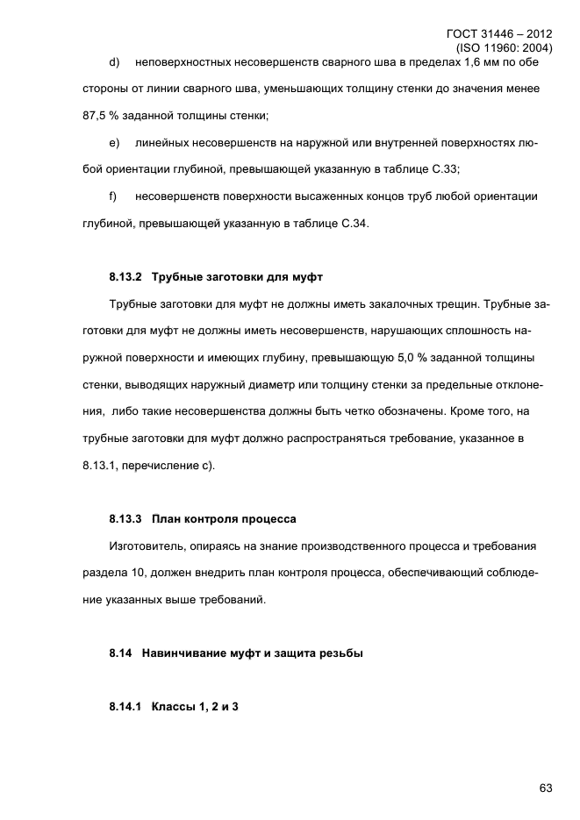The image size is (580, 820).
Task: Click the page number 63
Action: pyautogui.click(x=545, y=788)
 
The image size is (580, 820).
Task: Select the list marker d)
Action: pyautogui.click(x=114, y=63)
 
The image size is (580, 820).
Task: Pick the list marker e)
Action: pyautogui.click(x=114, y=142)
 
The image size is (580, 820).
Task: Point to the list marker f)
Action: pyautogui.click(x=113, y=196)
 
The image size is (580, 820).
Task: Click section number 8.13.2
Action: pyautogui.click(x=126, y=277)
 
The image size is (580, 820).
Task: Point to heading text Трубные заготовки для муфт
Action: pyautogui.click(x=238, y=277)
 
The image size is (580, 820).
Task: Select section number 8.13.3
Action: pyautogui.click(x=126, y=518)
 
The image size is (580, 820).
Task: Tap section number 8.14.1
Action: pyautogui.click(x=126, y=707)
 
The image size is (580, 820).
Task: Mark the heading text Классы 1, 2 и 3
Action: pyautogui.click(x=195, y=707)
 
